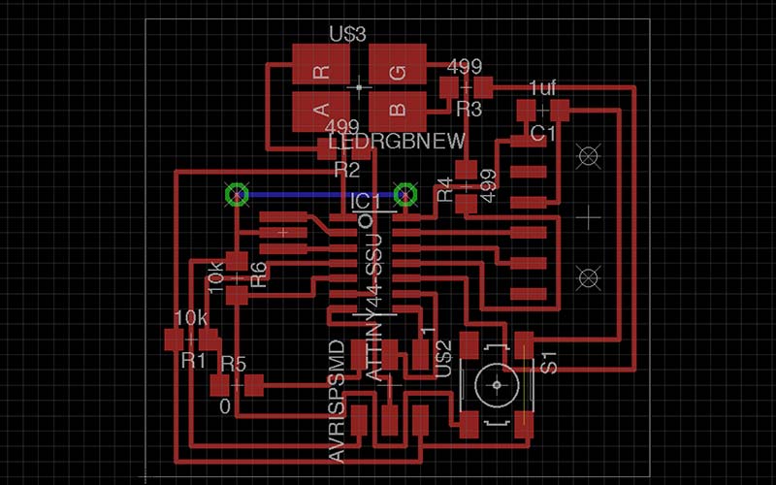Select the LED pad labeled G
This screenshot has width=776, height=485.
pos(398,70)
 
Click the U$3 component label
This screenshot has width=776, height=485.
pos(347,35)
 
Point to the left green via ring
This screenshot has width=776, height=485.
pos(236,195)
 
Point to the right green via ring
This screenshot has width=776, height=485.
pos(404,195)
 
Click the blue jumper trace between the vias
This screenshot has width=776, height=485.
pos(320,195)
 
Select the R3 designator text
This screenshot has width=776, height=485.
pos(469,109)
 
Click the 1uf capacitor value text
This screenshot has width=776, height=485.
pos(542,88)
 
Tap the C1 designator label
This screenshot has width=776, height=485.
pos(541,131)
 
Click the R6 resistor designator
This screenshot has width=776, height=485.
pos(258,274)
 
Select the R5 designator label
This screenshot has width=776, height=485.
pos(234,364)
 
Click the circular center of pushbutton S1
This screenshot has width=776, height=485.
pos(498,385)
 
